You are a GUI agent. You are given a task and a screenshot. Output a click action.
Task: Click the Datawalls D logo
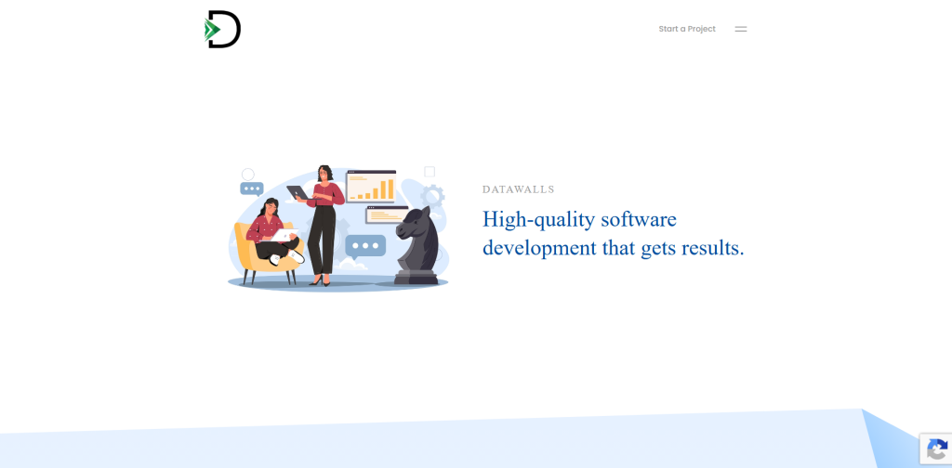223,29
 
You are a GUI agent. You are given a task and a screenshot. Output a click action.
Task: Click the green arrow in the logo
211,30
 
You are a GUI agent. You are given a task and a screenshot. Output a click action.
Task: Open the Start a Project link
687,29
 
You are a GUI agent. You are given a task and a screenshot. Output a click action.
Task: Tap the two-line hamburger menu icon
741,29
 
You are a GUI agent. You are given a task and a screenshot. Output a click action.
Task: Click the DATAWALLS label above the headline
519,189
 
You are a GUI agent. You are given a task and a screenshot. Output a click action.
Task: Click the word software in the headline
639,219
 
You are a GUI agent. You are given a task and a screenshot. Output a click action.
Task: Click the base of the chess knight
416,278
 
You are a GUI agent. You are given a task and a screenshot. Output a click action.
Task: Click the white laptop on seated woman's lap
283,235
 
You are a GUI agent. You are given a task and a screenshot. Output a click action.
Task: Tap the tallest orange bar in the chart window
391,188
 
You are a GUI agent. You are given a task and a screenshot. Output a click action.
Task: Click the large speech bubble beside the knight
365,246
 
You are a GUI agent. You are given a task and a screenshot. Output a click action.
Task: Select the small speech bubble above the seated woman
252,189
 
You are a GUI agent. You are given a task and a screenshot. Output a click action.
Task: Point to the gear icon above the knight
433,197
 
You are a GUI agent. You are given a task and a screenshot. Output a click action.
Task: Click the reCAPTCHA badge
935,449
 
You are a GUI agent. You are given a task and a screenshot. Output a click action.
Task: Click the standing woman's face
324,175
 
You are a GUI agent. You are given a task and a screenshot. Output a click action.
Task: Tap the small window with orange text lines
387,214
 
